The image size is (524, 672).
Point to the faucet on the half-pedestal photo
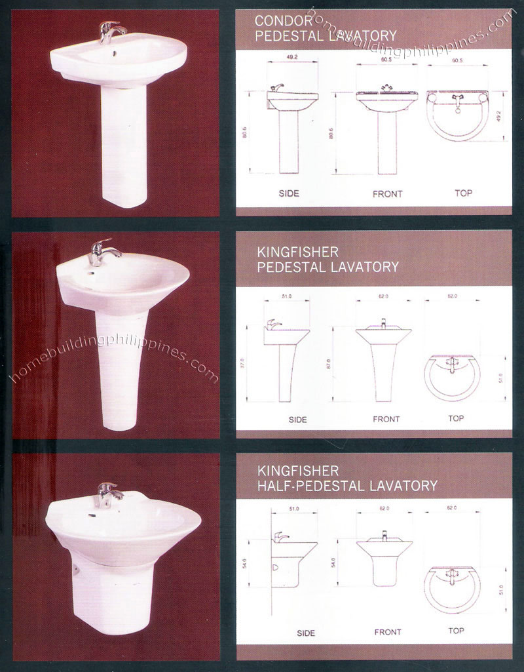(x=108, y=494)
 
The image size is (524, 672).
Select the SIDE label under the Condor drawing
(x=288, y=193)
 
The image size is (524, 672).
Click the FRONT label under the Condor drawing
(x=387, y=194)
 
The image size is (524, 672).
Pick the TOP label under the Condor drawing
(x=463, y=193)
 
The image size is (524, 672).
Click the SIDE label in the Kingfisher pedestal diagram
(x=297, y=419)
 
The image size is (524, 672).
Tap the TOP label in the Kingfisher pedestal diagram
(x=456, y=418)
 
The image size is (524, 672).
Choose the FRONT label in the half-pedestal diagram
(x=387, y=632)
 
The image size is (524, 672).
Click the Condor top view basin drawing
(x=457, y=115)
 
